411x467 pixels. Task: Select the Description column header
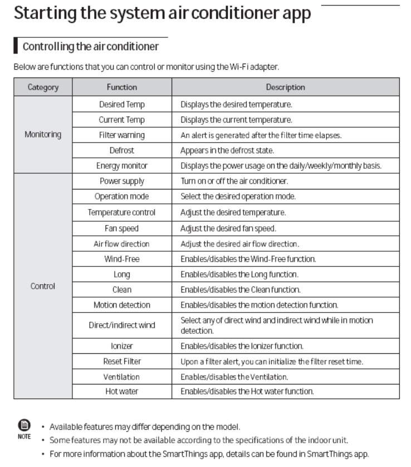pyautogui.click(x=285, y=87)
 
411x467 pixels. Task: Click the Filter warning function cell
pyautogui.click(x=121, y=135)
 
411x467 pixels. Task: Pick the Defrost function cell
pyautogui.click(x=121, y=150)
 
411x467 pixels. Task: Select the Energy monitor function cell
pyautogui.click(x=121, y=166)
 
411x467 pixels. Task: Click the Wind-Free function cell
pyautogui.click(x=121, y=259)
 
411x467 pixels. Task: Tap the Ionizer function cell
pyautogui.click(x=121, y=346)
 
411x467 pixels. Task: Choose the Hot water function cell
pyautogui.click(x=121, y=392)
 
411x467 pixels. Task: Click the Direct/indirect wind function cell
pyautogui.click(x=121, y=325)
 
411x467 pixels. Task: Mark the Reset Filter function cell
pyautogui.click(x=121, y=362)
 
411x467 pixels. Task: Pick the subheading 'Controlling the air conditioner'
pyautogui.click(x=91, y=45)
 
